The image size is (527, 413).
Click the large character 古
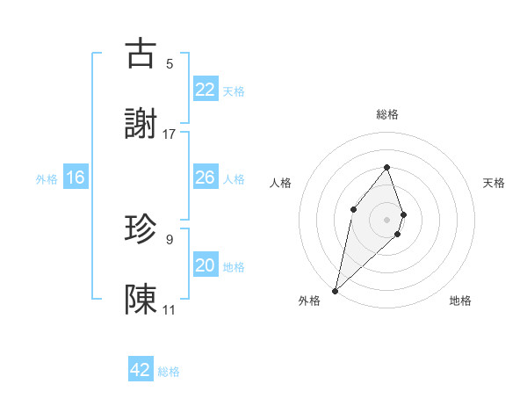point(141,54)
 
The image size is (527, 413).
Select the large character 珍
point(141,229)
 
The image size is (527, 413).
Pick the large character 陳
point(141,300)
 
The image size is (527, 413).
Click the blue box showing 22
point(206,89)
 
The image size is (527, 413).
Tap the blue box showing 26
point(206,177)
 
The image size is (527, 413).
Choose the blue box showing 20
point(206,265)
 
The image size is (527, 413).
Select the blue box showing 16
point(76,178)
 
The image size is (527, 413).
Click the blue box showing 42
point(141,370)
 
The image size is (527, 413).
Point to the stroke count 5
point(170,63)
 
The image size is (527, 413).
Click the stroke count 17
point(170,134)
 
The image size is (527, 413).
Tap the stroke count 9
point(170,238)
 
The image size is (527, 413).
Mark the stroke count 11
point(170,309)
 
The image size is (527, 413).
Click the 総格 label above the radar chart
point(386,114)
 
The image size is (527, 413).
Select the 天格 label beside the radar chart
point(495,183)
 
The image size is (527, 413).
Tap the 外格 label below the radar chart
point(309,301)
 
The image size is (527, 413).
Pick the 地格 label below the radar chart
point(460,301)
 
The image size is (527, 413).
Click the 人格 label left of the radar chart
point(280,183)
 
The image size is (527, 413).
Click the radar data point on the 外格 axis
point(335,290)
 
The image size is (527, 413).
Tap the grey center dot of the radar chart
point(386,219)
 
